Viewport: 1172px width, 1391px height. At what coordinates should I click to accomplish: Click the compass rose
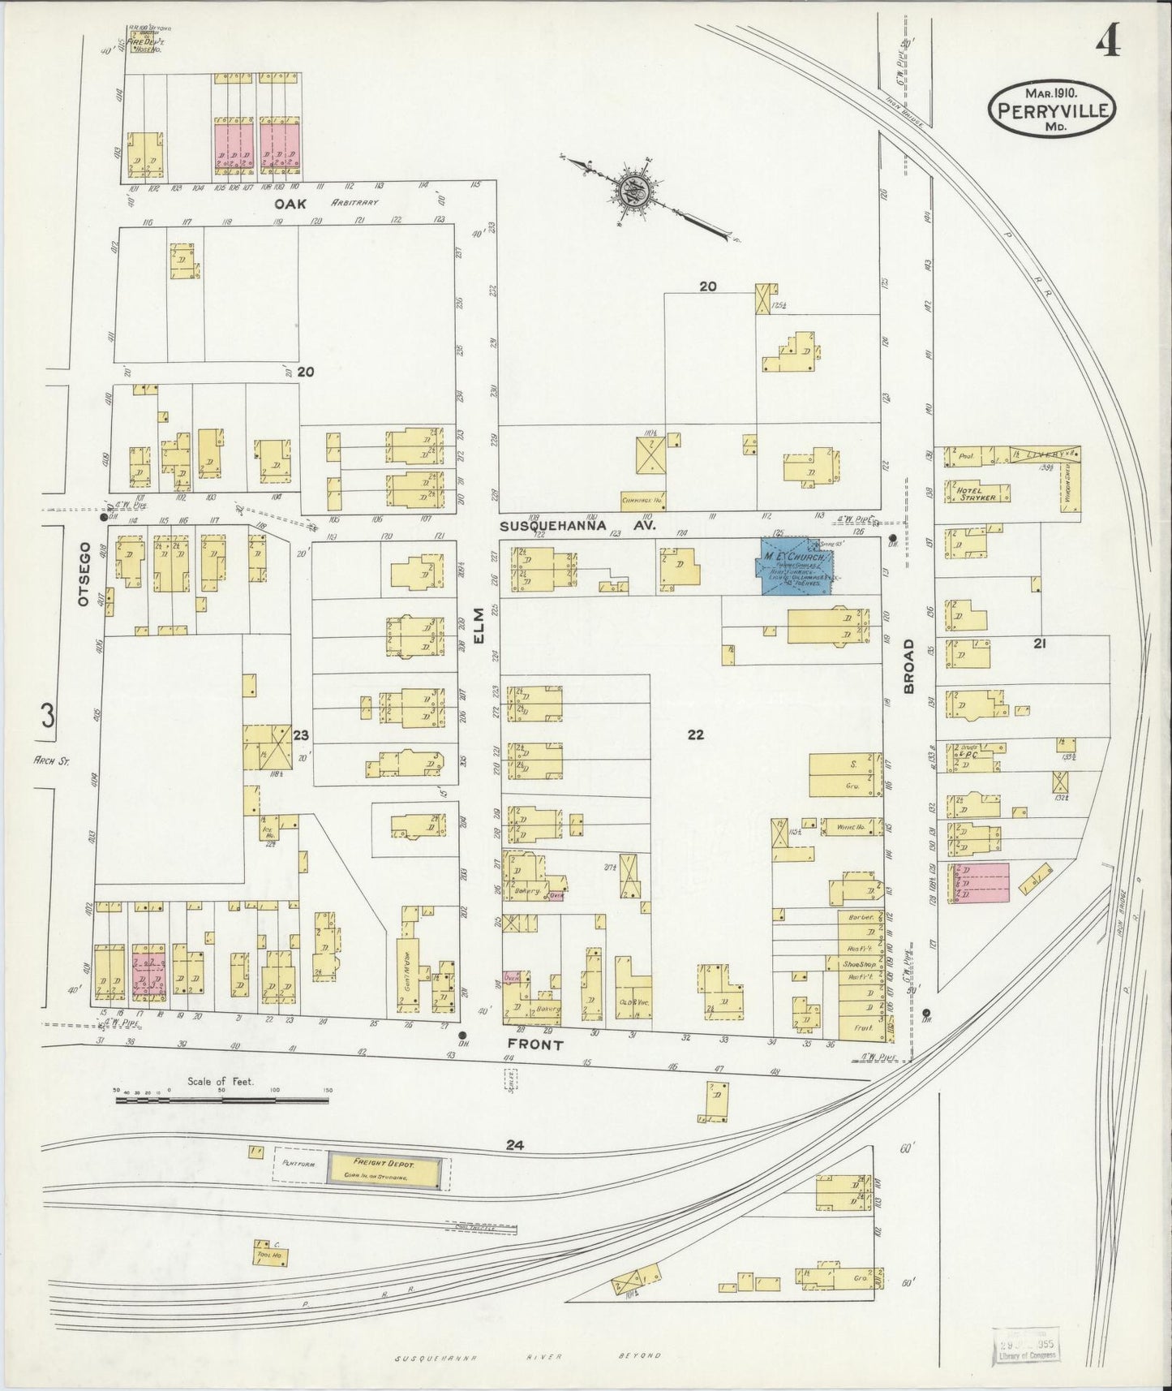click(x=632, y=193)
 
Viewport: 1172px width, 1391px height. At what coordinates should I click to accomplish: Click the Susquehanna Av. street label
click(x=577, y=526)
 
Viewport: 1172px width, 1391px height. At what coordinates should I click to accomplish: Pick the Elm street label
click(x=479, y=627)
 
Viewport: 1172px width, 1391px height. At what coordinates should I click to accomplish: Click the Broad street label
click(x=908, y=666)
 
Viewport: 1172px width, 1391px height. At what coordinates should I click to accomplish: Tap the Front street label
click(x=535, y=1044)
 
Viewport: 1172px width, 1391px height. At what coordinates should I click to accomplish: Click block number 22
click(x=695, y=735)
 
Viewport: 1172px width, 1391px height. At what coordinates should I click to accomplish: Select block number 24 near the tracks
click(x=514, y=1146)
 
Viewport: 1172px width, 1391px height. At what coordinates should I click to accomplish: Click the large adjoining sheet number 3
click(x=48, y=716)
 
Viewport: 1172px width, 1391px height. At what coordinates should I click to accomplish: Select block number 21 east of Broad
click(x=1039, y=643)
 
